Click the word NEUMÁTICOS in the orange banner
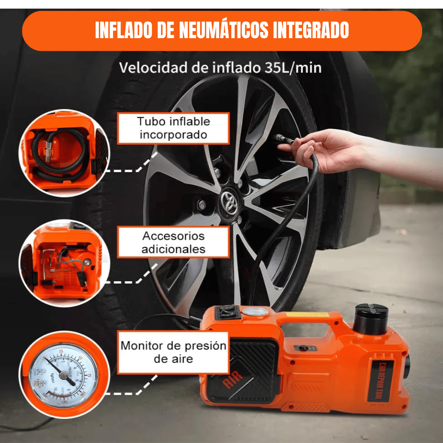click(224, 30)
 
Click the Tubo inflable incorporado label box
click(173, 128)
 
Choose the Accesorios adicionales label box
click(173, 242)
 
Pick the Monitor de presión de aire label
click(173, 352)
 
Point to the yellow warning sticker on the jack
click(308, 315)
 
